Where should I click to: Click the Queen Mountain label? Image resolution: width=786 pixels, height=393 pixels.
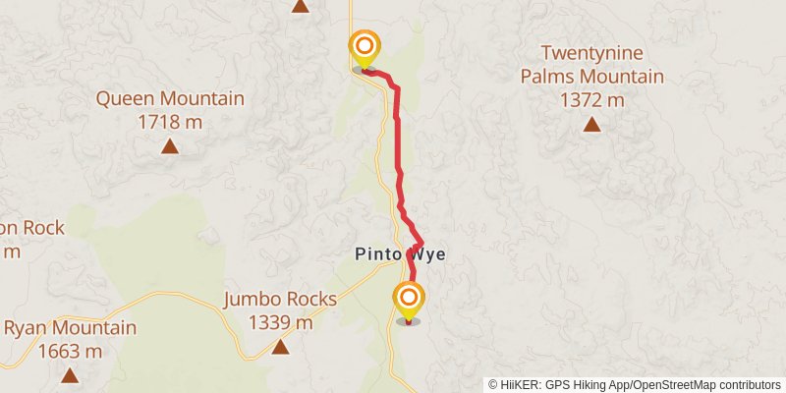[x=170, y=98]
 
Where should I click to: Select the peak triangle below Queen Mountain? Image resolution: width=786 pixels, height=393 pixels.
[x=170, y=147]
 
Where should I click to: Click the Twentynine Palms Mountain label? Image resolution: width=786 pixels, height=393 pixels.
[x=591, y=65]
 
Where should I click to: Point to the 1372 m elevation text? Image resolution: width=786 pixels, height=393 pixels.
[x=591, y=99]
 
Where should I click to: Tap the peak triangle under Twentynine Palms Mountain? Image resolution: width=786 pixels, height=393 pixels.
[x=591, y=124]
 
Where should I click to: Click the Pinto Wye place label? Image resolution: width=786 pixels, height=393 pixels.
[x=400, y=253]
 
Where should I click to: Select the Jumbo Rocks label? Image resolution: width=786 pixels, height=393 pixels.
[x=280, y=300]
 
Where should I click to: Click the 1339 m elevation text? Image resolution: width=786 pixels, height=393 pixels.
[x=280, y=322]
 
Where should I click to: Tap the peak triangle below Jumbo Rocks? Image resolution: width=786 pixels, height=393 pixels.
[x=280, y=347]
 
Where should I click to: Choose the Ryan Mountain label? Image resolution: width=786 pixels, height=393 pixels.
[x=70, y=328]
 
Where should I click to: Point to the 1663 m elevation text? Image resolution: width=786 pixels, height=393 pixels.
[x=70, y=351]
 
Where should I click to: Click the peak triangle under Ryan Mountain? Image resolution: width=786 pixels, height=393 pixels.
[x=70, y=374]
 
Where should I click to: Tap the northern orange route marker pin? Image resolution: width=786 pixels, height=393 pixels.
[x=365, y=46]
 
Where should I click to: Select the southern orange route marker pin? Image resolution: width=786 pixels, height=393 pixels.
[x=408, y=297]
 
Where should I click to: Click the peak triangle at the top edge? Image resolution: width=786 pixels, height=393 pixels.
[x=301, y=6]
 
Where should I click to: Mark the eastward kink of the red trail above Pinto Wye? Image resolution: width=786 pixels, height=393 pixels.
[x=421, y=242]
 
